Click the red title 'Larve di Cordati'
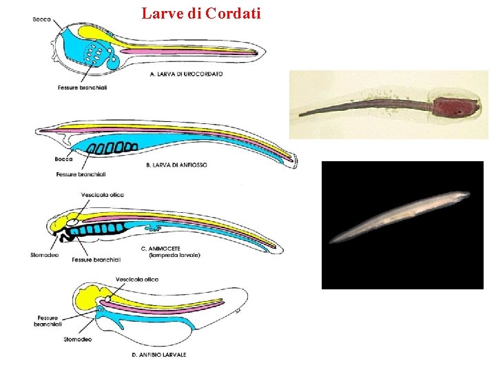pos(201,12)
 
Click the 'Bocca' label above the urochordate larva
pos(41,19)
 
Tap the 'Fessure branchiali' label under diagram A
pos(83,87)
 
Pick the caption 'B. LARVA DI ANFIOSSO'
pos(177,165)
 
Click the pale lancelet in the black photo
pos(400,217)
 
